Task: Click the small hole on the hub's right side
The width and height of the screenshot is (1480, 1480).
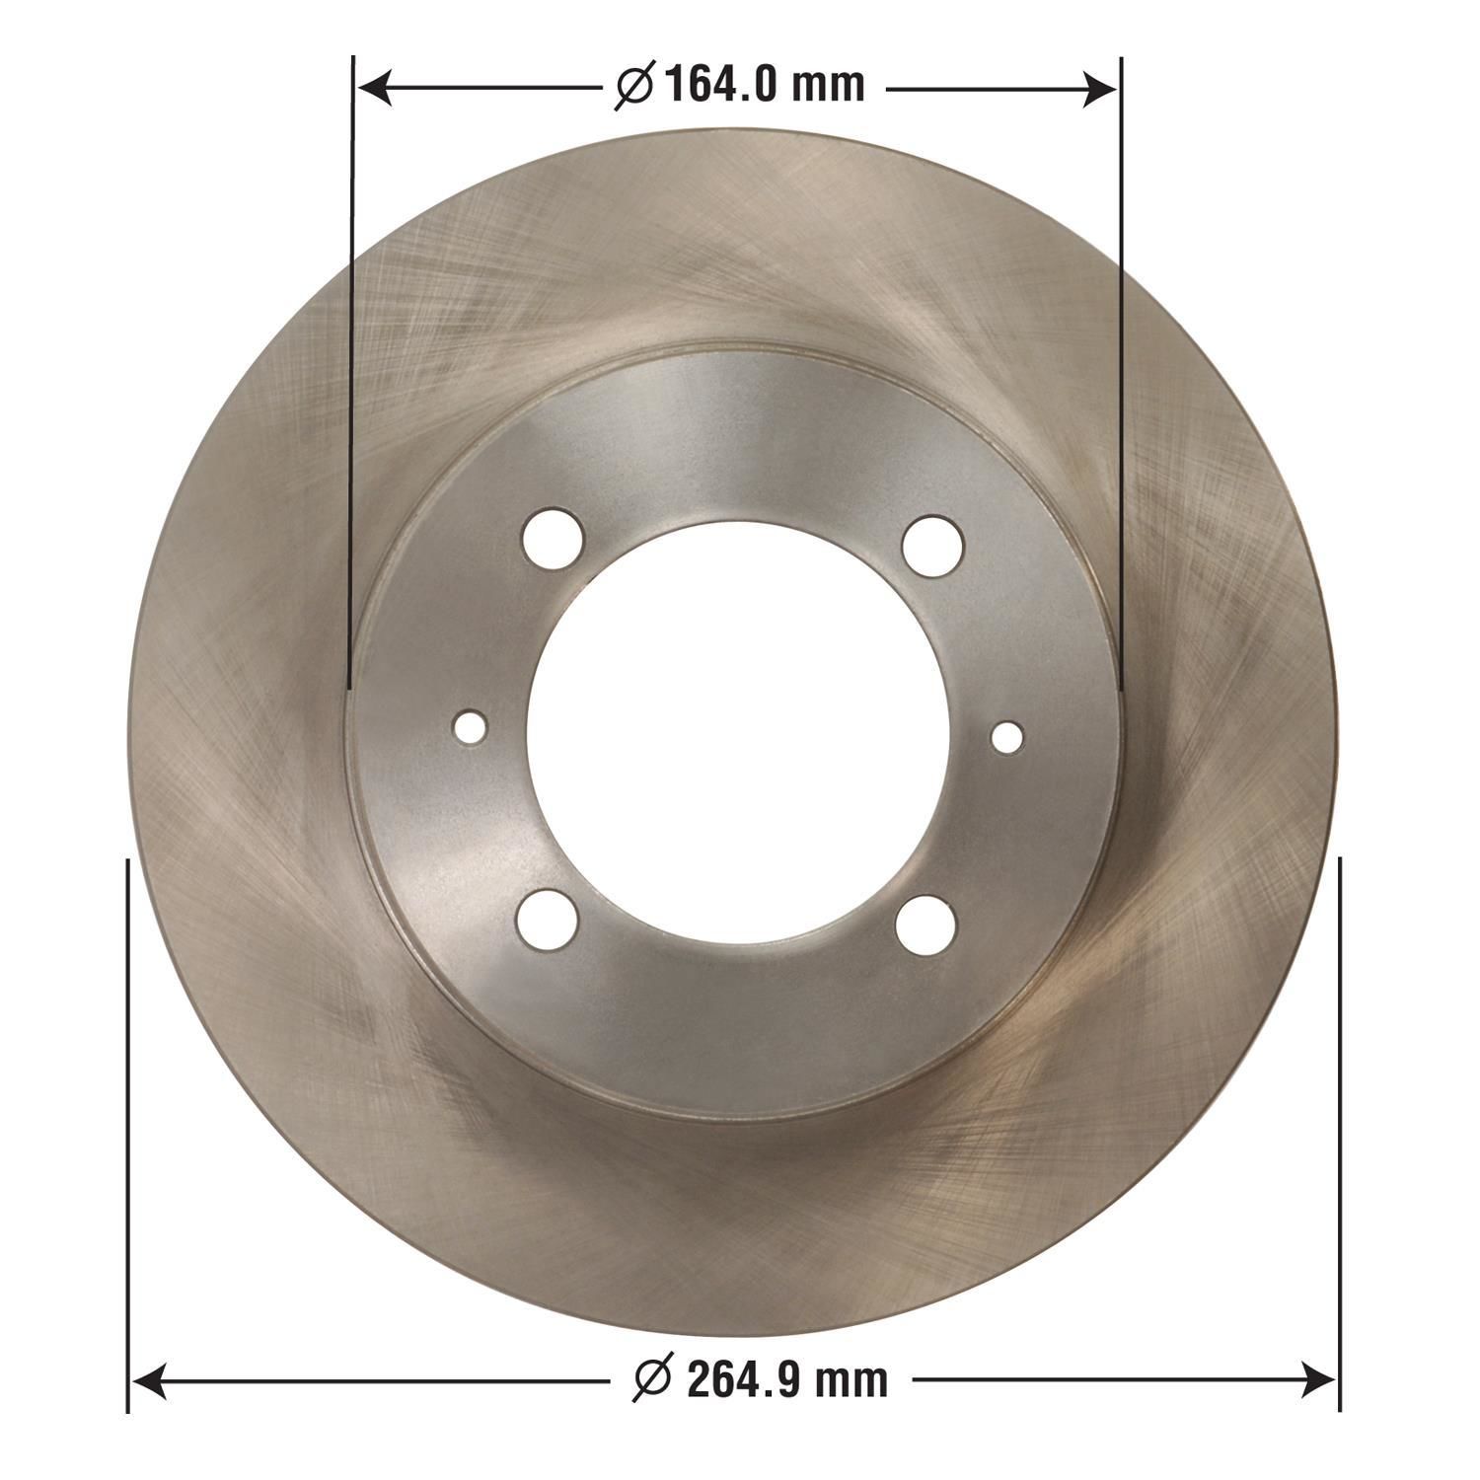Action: click(x=1007, y=736)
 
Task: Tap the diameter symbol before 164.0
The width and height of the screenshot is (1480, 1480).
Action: click(x=634, y=87)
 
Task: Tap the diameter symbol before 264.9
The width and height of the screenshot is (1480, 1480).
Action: click(x=653, y=1378)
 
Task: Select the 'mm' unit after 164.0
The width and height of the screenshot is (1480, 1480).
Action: click(x=828, y=87)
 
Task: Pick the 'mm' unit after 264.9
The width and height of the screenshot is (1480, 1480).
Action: click(x=851, y=1378)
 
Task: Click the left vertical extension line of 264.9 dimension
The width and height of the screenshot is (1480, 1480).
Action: click(x=128, y=1135)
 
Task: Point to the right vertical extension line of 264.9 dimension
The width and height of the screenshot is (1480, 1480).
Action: click(x=1339, y=1135)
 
